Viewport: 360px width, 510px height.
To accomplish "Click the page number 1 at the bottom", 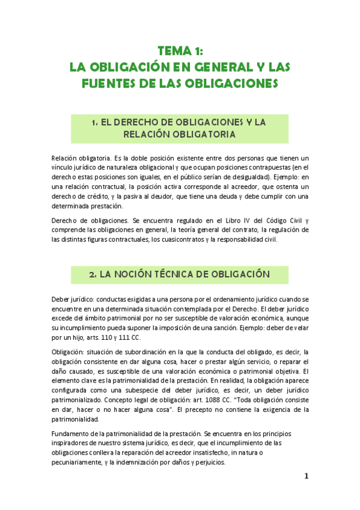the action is click(x=306, y=476).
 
